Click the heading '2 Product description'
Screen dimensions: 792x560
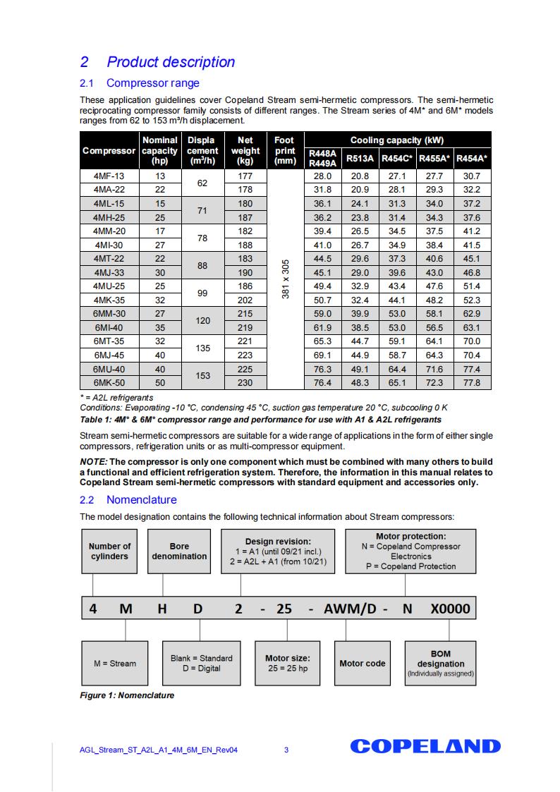click(157, 62)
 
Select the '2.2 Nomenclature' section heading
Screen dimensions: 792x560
click(128, 500)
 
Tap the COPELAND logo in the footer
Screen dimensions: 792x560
click(425, 747)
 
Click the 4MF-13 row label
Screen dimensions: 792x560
click(109, 176)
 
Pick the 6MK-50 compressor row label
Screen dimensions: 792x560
click(109, 383)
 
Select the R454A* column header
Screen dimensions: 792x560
click(472, 159)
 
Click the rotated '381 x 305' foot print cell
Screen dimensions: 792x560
click(285, 279)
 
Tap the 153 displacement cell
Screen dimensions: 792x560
click(202, 376)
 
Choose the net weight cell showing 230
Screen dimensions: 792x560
click(245, 383)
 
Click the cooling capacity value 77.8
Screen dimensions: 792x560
click(472, 383)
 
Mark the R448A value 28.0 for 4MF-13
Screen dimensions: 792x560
click(322, 176)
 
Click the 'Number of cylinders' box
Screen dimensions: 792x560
click(109, 551)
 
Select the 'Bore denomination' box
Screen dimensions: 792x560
click(179, 551)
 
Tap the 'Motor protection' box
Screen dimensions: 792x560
click(410, 551)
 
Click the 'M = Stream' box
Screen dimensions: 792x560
click(114, 664)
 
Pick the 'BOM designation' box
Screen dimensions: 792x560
click(440, 664)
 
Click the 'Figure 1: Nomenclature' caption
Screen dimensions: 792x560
click(127, 695)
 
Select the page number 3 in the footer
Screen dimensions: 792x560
click(286, 750)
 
